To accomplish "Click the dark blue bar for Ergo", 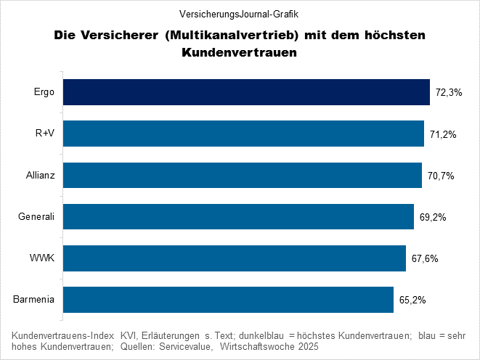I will pyautogui.click(x=246, y=92).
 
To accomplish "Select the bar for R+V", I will pyautogui.click(x=243, y=134).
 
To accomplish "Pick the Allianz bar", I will pyautogui.click(x=243, y=175).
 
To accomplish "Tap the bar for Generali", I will pyautogui.click(x=239, y=216).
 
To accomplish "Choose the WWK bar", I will pyautogui.click(x=235, y=258).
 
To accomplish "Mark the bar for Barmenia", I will pyautogui.click(x=229, y=299).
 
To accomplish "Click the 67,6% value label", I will pyautogui.click(x=425, y=258).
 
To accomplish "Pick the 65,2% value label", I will pyautogui.click(x=412, y=300).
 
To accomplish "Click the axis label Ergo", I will pyautogui.click(x=44, y=92).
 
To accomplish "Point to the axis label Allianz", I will pyautogui.click(x=40, y=175).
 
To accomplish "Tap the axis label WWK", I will pyautogui.click(x=44, y=258).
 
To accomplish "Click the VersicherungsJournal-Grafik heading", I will pyautogui.click(x=240, y=14).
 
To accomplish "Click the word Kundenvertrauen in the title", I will pyautogui.click(x=240, y=53).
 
